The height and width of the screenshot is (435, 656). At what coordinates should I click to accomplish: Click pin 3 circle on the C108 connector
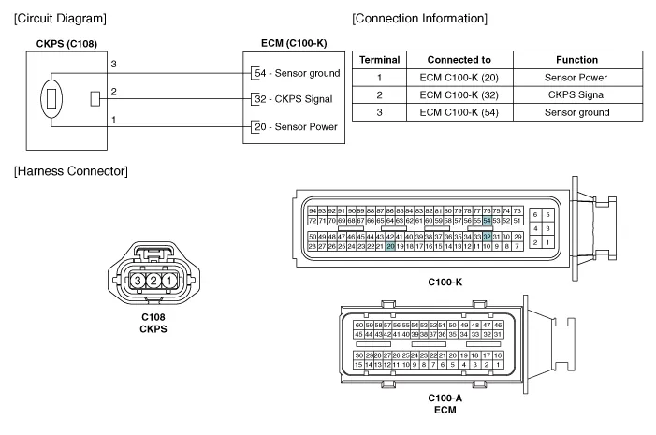click(x=138, y=280)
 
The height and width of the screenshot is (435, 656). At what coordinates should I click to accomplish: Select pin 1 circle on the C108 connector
click(x=169, y=280)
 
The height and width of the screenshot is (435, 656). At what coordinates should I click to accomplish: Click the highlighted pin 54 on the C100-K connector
click(x=488, y=220)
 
